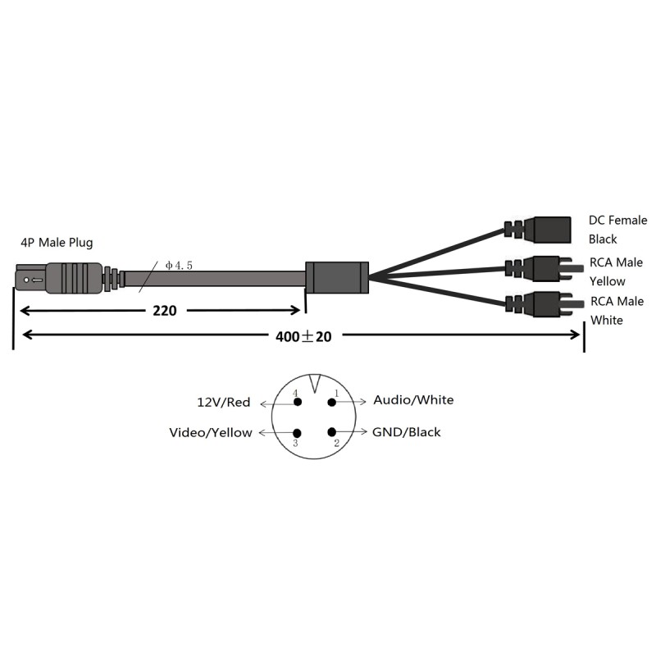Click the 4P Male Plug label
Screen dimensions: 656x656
coord(57,243)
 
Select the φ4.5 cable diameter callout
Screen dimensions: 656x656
coord(179,265)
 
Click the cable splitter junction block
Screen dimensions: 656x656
coord(337,277)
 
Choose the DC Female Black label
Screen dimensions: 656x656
coord(617,230)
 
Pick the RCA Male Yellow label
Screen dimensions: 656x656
coord(617,271)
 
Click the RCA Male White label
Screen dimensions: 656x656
coord(617,310)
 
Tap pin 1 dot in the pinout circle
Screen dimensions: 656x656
coord(332,402)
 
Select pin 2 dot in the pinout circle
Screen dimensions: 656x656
coord(332,433)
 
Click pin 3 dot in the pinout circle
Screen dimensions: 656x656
coord(297,433)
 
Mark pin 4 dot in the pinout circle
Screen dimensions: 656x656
coord(297,402)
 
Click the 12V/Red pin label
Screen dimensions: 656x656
coord(224,403)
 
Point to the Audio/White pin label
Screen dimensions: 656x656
coord(413,400)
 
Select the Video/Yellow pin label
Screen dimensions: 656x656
coord(211,432)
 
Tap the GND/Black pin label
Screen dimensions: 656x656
coord(407,432)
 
